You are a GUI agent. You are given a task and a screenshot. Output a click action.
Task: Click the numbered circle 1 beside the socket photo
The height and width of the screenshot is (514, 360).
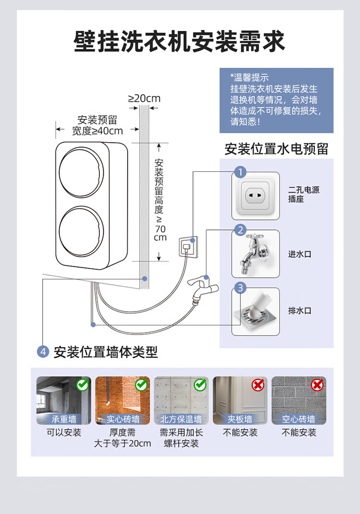(x=240, y=172)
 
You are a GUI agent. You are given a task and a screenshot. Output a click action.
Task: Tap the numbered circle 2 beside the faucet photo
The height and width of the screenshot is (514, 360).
(x=240, y=230)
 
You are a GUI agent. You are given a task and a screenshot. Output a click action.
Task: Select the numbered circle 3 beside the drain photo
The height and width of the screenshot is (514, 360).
(x=240, y=288)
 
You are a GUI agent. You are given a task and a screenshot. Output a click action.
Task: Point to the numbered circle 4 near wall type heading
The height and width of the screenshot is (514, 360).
(x=43, y=352)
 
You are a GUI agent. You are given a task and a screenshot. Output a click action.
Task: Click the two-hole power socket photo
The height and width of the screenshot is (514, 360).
(x=255, y=196)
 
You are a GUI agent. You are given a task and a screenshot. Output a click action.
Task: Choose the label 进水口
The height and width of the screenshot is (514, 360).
(x=300, y=254)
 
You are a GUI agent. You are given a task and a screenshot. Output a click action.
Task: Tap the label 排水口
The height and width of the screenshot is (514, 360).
(x=300, y=311)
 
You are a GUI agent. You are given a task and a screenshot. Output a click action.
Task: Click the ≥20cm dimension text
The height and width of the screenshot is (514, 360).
(x=144, y=99)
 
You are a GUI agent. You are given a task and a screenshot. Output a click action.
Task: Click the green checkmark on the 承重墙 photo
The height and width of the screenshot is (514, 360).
(x=83, y=385)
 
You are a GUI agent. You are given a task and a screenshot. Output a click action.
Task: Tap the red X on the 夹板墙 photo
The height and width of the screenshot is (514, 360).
(x=258, y=385)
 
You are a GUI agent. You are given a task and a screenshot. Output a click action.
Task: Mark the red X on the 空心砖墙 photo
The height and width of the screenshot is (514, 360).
(x=317, y=385)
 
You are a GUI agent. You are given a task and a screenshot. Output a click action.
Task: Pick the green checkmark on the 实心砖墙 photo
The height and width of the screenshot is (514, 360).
(x=141, y=385)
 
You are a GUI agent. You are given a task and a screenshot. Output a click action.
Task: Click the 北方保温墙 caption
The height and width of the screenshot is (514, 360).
(x=181, y=419)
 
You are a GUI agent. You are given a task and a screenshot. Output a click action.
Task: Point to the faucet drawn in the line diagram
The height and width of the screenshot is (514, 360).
(x=202, y=288)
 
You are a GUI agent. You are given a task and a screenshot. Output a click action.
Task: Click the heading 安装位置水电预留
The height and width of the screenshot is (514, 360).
(x=276, y=149)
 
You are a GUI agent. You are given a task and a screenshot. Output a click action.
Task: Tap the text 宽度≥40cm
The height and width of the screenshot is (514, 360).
(x=97, y=131)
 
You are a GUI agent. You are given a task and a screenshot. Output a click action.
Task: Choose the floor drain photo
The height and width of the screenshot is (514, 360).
(x=255, y=311)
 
